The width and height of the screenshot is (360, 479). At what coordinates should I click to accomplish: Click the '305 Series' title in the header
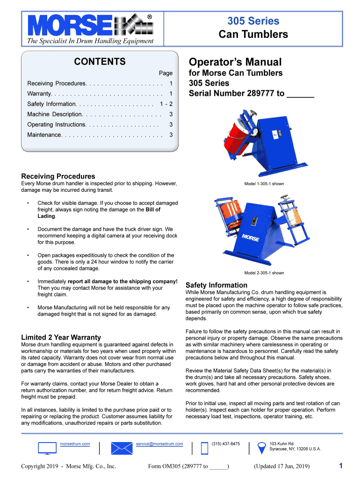click(253, 21)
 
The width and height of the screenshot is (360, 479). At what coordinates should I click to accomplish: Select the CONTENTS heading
click(100, 62)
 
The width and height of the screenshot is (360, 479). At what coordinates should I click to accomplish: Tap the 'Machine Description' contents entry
click(55, 114)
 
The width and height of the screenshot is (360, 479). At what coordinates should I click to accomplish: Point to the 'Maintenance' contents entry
click(44, 135)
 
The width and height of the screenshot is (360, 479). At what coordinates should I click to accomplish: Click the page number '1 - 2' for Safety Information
click(166, 104)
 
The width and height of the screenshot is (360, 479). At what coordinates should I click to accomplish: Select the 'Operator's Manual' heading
click(235, 62)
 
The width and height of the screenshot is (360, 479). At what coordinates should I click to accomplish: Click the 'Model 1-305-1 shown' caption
click(264, 184)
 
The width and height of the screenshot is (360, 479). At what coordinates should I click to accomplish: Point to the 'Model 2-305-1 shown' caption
click(264, 273)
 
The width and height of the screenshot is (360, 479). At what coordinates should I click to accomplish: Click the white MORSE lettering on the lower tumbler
click(251, 237)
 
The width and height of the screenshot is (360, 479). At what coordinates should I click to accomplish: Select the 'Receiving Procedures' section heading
click(58, 176)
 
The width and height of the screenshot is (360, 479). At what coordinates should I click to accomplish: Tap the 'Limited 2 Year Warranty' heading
click(61, 337)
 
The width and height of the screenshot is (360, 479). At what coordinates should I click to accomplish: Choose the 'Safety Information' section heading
click(216, 285)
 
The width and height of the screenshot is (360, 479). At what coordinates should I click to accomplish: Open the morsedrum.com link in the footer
click(75, 443)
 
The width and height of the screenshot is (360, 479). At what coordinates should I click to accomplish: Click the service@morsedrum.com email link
click(159, 443)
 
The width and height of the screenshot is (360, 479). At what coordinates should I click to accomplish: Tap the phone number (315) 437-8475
click(226, 443)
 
